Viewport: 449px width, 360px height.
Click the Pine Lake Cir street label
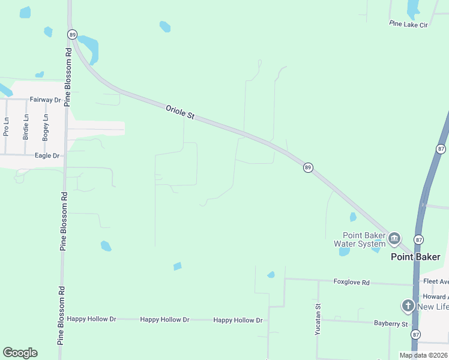(x=408, y=24)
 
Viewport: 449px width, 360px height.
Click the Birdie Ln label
(x=26, y=127)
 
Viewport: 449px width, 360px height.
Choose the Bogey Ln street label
(x=45, y=127)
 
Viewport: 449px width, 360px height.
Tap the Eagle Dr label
(x=47, y=155)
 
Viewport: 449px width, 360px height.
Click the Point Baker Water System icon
(x=394, y=239)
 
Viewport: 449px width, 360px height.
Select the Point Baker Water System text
(x=360, y=239)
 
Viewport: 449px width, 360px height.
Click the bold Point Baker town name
(x=415, y=257)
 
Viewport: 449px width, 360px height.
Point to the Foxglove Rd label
(x=352, y=281)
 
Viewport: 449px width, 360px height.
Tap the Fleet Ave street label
(x=435, y=281)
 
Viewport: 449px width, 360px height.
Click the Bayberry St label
(x=390, y=324)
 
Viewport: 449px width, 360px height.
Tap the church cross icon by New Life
(x=408, y=306)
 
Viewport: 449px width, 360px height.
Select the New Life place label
(x=433, y=307)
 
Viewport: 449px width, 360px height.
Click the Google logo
(x=20, y=353)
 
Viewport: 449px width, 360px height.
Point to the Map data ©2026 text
(x=423, y=355)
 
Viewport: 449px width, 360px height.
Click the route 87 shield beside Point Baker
(x=419, y=239)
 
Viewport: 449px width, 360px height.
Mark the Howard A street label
(x=435, y=296)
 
